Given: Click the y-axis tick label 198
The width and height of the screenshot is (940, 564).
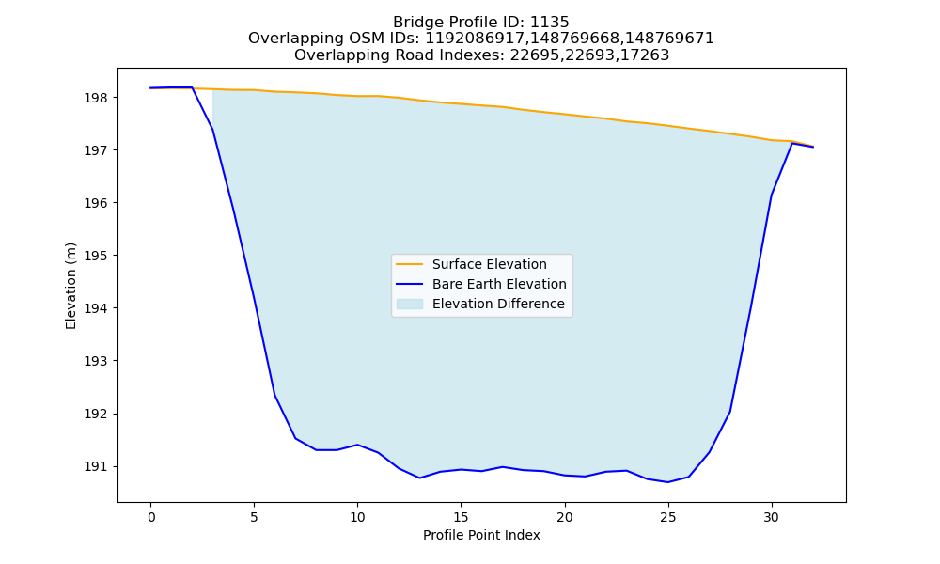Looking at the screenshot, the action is coord(96,98).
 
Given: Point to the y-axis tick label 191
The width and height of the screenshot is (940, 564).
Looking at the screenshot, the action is coord(96,466).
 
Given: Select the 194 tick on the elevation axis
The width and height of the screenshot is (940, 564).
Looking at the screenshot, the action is coord(96,308).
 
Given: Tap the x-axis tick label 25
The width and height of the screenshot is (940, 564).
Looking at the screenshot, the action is coord(667,517).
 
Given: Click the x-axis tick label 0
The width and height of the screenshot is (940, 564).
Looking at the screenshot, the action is coord(151,517).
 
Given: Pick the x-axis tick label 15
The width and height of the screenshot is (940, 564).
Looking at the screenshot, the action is coord(461,517).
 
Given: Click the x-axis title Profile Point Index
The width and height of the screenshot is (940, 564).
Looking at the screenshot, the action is coord(481,535).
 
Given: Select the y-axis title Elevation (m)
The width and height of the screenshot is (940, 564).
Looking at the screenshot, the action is coord(70,286).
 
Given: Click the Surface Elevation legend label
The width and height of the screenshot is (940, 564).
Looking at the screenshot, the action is coord(489,264).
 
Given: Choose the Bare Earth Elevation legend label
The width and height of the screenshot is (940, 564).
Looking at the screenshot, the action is coord(499,284).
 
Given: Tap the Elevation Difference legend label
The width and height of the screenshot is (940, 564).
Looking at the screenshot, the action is coord(498,304).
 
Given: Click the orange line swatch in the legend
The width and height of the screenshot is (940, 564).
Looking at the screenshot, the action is coord(410,264).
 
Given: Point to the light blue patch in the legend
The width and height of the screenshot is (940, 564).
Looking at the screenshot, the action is coord(410,304).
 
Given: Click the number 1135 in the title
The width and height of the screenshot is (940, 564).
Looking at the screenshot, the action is coord(550,23).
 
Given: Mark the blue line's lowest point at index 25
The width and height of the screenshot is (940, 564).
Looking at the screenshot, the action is coord(667,482).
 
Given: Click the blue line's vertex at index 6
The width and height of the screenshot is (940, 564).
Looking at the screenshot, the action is coord(274,395).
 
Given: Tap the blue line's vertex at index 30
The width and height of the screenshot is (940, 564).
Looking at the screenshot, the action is coord(772,195).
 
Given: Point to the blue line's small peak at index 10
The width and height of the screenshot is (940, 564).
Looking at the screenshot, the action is coord(357,445).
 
